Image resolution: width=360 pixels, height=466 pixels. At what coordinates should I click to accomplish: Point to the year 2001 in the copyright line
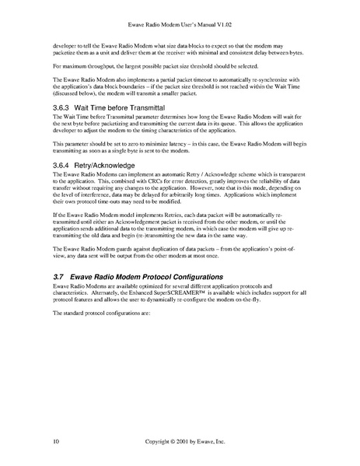point(180,441)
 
